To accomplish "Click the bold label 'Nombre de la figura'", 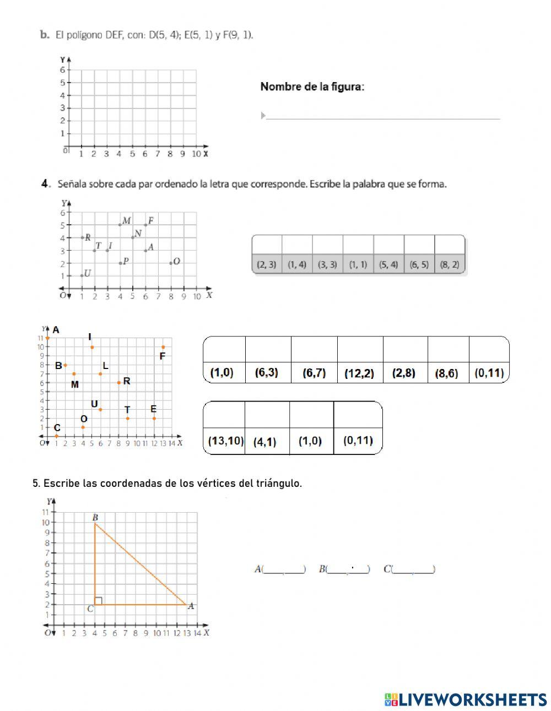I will pos(312,86).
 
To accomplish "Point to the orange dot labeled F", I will pos(163,347).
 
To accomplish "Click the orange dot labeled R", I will pos(118,382).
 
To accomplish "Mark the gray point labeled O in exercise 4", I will pos(171,263).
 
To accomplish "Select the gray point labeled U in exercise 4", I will pos(82,275).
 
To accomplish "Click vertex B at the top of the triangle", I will pos(95,523).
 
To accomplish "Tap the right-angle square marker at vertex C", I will pos(98,601).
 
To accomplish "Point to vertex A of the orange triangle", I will pos(186,605).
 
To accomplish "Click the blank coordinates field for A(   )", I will pos(284,569).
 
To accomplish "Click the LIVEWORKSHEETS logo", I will pos(466,699).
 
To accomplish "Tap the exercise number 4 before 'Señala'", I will pos(46,184).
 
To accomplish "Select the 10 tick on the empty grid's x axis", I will pos(196,154).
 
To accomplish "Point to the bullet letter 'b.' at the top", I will pos(45,35).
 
